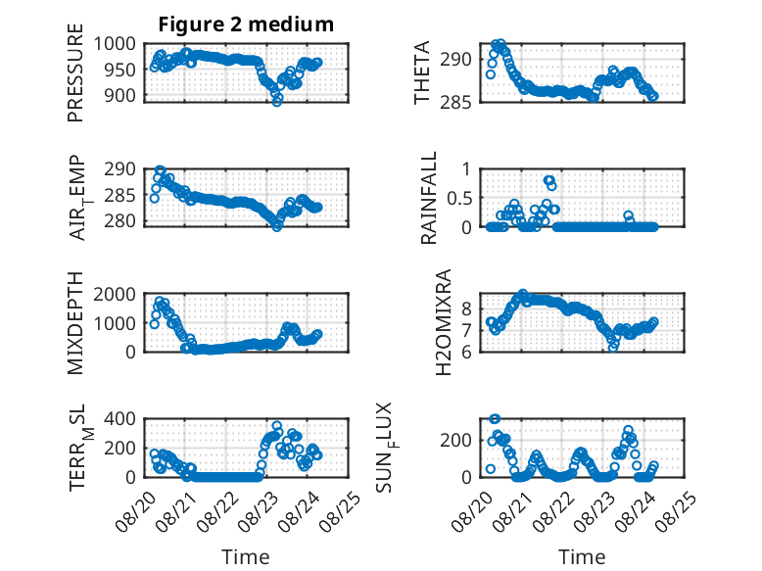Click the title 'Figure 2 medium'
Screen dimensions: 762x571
pyautogui.click(x=246, y=24)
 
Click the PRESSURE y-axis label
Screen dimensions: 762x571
pyautogui.click(x=75, y=72)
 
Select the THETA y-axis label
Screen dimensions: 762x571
pyautogui.click(x=422, y=72)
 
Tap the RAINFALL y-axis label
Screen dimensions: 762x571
pyautogui.click(x=429, y=198)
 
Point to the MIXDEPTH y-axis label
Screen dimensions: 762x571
pyautogui.click(x=75, y=323)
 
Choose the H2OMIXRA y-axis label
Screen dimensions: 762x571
pyautogui.click(x=444, y=322)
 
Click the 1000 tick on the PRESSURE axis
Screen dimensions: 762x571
pyautogui.click(x=115, y=44)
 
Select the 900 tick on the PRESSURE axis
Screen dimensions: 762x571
pyautogui.click(x=120, y=95)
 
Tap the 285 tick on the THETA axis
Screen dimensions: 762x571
pyautogui.click(x=455, y=103)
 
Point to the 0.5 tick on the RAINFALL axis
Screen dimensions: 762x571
pyautogui.click(x=459, y=198)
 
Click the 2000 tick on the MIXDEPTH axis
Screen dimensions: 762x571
pyautogui.click(x=115, y=294)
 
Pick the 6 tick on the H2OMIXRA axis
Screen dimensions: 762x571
pyautogui.click(x=466, y=352)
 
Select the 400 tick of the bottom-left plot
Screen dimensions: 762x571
pyautogui.click(x=120, y=418)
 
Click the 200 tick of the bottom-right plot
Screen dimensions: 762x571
pyautogui.click(x=455, y=441)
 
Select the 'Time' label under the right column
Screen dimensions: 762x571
pyautogui.click(x=582, y=557)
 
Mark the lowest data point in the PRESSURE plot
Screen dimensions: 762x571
pyautogui.click(x=277, y=102)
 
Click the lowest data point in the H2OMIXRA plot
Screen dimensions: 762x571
pyautogui.click(x=613, y=347)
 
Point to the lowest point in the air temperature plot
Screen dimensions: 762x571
pyautogui.click(x=277, y=226)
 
